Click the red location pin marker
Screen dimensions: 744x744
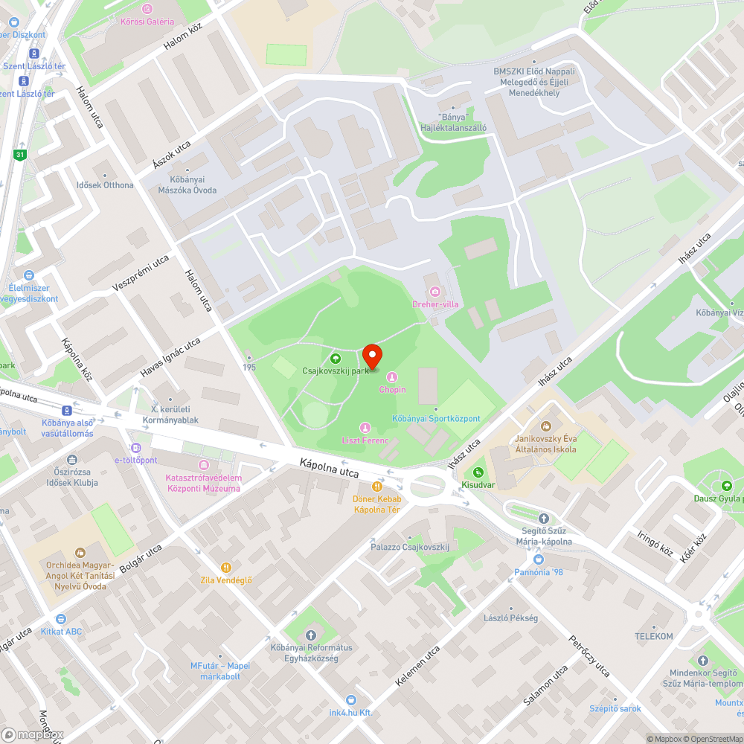coord(372,356)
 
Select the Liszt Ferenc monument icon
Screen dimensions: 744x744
coord(365,428)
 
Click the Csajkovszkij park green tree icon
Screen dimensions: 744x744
coord(335,359)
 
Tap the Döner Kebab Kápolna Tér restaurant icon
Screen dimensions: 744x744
coord(377,487)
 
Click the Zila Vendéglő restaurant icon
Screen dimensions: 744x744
coord(226,568)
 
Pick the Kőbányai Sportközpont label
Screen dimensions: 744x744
coord(436,419)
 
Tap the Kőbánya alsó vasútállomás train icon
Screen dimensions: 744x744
coord(67,410)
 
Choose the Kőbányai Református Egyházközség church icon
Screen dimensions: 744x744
coord(311,635)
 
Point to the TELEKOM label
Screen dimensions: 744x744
coord(653,636)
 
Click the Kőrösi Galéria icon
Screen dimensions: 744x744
coord(147,9)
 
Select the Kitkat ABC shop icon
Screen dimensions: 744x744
coord(62,619)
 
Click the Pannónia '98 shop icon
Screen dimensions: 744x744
coord(539,559)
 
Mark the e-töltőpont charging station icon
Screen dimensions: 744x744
coord(135,448)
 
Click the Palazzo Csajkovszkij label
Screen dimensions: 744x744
coord(411,547)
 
